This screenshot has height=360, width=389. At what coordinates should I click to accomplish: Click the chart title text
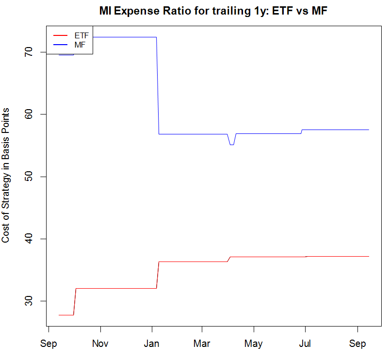pos(213,11)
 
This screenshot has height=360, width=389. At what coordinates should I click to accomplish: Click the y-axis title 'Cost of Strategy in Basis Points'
pos(6,175)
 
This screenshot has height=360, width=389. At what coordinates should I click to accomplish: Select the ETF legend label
pos(81,36)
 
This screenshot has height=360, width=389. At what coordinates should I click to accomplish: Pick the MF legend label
pos(80,45)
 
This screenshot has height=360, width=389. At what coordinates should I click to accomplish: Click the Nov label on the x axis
pos(100,344)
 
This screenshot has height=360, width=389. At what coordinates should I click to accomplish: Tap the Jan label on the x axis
pos(152,344)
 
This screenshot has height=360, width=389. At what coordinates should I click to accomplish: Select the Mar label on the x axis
pos(202,344)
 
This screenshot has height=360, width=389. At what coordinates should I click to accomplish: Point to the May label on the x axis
pos(253,344)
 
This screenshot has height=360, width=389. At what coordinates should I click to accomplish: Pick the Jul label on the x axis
pos(305,344)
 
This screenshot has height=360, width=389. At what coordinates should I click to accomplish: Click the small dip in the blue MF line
pos(232,144)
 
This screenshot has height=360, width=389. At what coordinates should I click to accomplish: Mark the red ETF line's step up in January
pos(158,275)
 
